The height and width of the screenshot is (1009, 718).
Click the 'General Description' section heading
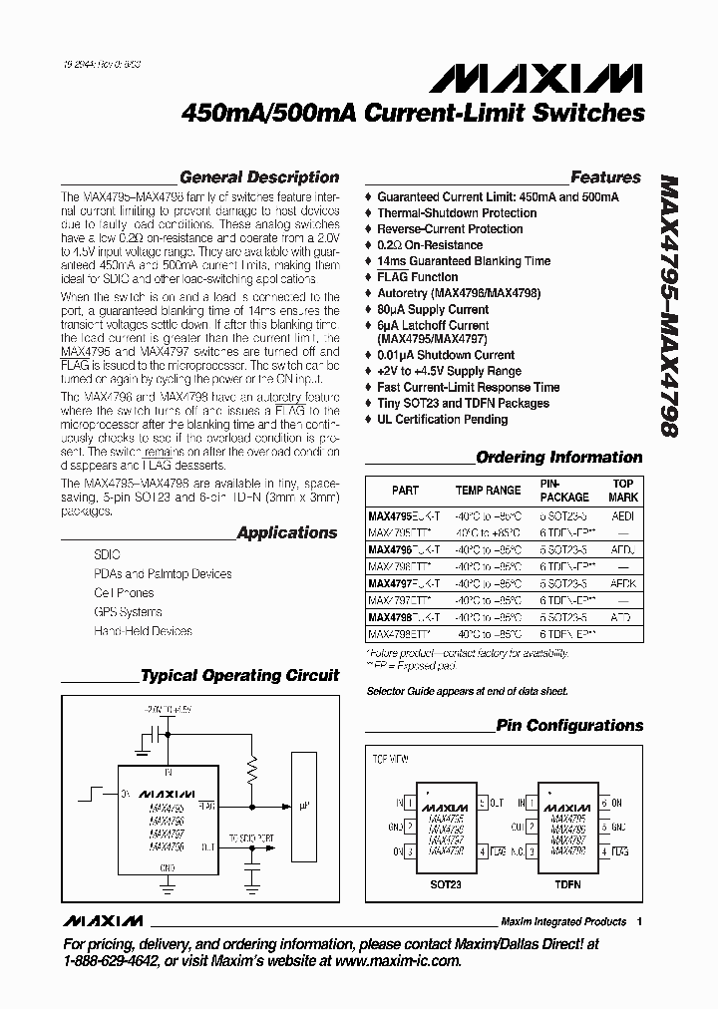[x=259, y=177]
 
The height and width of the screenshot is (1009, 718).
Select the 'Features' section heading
[x=605, y=177]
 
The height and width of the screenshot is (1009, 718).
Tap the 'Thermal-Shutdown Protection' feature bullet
[x=457, y=213]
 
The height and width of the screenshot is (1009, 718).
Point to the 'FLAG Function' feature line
[x=418, y=277]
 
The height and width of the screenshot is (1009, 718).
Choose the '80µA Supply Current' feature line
[x=433, y=309]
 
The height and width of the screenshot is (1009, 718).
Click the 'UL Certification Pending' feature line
[x=443, y=420]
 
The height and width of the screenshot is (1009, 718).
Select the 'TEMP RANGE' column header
[x=488, y=491]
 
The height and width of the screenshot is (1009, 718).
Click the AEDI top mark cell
[x=622, y=516]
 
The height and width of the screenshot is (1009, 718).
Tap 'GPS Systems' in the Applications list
[x=128, y=612]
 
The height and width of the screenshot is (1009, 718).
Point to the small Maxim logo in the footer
[x=102, y=920]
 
